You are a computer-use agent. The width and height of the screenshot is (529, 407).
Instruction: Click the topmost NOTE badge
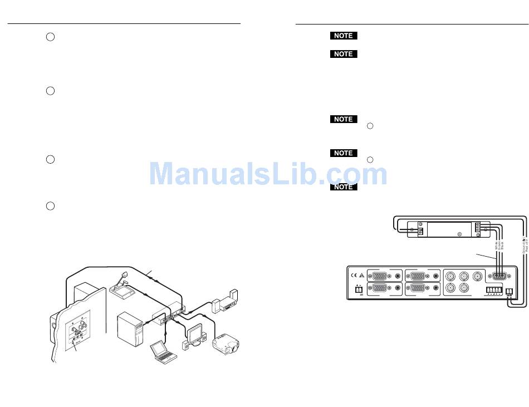343,36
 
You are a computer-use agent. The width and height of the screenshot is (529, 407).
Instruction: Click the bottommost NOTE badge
343,187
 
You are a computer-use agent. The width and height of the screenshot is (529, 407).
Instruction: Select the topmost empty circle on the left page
50,37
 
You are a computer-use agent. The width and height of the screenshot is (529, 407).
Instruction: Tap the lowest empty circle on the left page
50,206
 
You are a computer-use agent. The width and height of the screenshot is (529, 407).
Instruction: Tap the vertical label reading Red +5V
526,245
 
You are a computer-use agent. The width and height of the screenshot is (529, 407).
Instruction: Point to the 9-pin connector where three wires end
498,275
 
